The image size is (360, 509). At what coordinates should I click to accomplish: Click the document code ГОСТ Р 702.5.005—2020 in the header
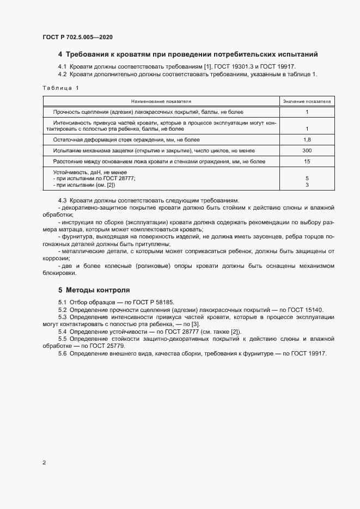click(x=77, y=37)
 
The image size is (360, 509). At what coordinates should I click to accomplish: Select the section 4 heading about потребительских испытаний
click(x=188, y=54)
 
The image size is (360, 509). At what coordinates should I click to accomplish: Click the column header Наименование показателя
click(x=160, y=101)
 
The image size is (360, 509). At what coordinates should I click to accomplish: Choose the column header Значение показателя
click(x=307, y=101)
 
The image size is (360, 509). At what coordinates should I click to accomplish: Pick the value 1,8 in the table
click(x=307, y=140)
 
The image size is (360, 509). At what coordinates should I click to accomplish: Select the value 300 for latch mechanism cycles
click(x=307, y=151)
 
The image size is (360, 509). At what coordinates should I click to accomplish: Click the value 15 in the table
click(x=307, y=162)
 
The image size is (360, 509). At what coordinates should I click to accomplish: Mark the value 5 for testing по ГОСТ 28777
click(x=307, y=179)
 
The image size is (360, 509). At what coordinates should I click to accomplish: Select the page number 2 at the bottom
click(x=44, y=463)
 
